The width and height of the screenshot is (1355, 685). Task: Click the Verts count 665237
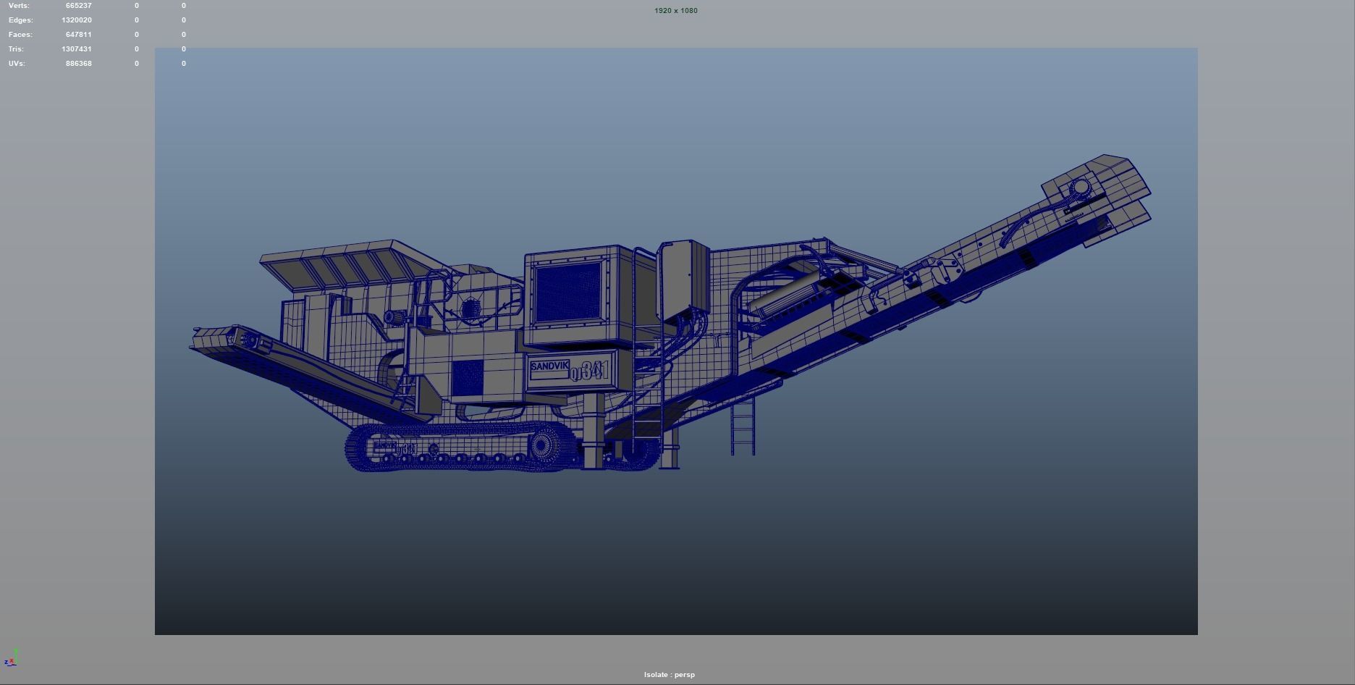(78, 6)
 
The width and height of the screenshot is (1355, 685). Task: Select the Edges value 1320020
(77, 20)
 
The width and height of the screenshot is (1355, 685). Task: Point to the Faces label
(20, 35)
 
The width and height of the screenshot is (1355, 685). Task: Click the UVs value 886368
(78, 64)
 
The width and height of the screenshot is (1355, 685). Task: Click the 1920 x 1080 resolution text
(676, 11)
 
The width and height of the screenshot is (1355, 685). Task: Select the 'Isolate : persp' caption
(670, 675)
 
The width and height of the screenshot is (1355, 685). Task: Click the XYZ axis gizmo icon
(11, 658)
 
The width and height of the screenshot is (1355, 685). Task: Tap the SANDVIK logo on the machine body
(549, 367)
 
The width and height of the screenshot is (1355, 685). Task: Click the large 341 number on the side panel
(594, 371)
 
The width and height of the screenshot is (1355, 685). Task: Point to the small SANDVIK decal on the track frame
(385, 445)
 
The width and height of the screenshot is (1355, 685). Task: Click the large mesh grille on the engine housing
(568, 293)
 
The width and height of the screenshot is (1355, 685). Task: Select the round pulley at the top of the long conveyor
(1081, 188)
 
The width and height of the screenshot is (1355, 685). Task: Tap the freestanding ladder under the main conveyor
(743, 427)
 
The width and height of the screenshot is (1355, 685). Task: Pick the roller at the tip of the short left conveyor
(250, 340)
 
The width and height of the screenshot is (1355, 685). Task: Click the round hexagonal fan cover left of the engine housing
(470, 310)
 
